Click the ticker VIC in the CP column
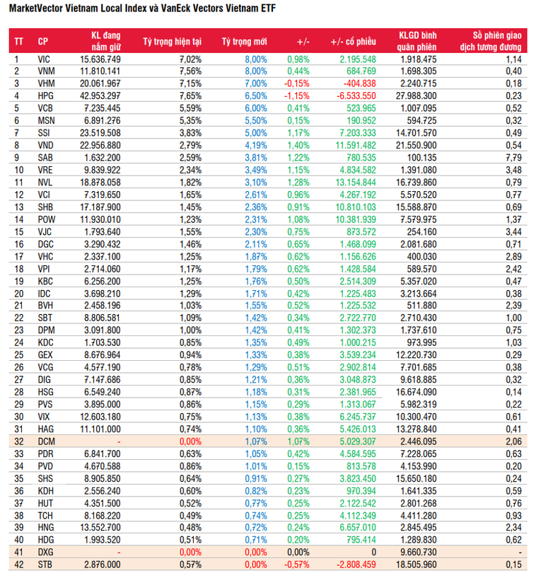[x=44, y=59]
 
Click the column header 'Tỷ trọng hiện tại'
[x=172, y=41]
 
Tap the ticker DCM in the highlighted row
[x=45, y=441]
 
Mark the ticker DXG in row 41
[x=45, y=552]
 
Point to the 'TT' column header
[x=18, y=41]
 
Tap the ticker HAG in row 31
[x=45, y=429]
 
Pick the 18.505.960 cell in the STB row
[x=417, y=564]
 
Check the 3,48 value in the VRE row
[x=514, y=169]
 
